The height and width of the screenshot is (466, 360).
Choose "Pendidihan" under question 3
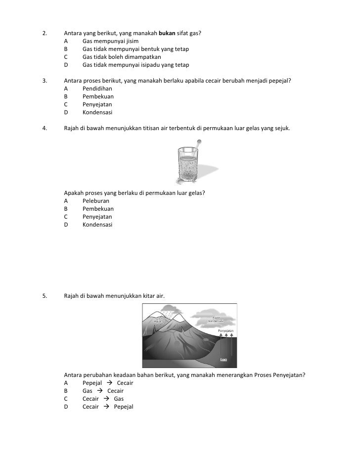[x=97, y=89]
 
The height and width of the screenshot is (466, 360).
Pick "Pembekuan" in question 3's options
[x=98, y=97]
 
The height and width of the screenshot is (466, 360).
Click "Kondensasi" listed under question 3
[x=97, y=113]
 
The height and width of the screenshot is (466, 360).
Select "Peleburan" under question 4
[x=96, y=201]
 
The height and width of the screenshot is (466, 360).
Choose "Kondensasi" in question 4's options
[x=97, y=225]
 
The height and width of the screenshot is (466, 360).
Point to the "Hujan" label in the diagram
[x=159, y=321]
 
